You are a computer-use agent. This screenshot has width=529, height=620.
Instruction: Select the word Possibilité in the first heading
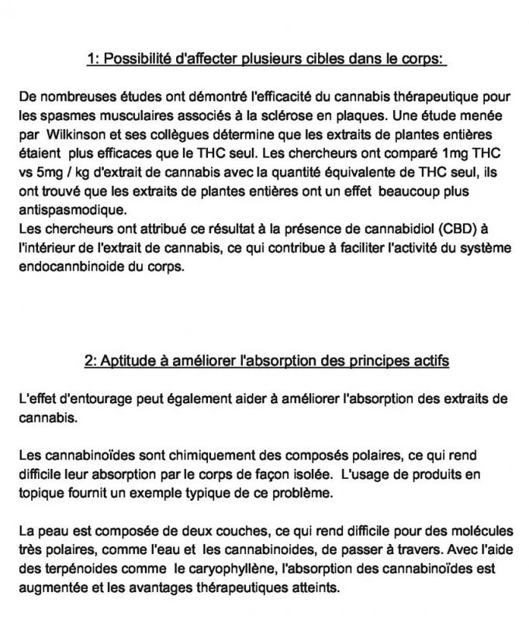[140, 58]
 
